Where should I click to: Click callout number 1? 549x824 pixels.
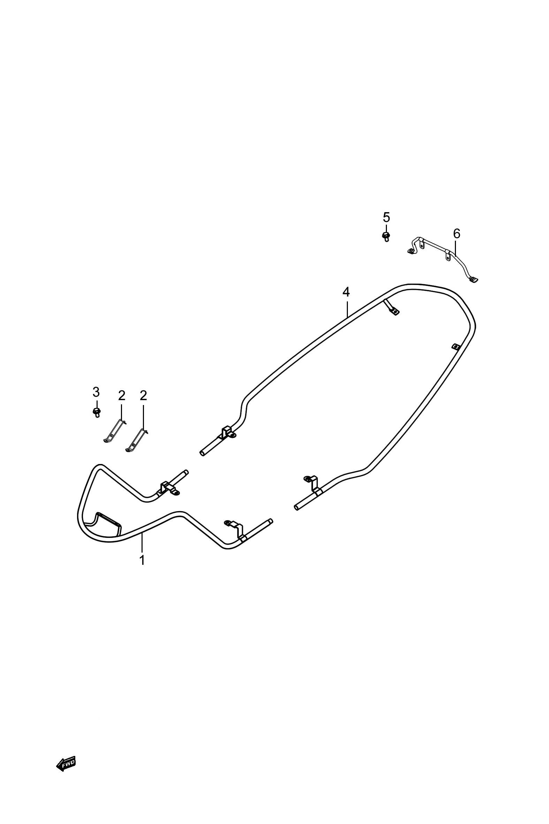tap(142, 560)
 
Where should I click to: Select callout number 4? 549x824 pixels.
tap(346, 292)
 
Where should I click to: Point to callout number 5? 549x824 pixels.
tap(386, 218)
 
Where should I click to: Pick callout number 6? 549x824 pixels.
tap(457, 233)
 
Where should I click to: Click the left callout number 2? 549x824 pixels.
tap(122, 396)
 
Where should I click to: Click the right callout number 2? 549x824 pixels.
tap(143, 396)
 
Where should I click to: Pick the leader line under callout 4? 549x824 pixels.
tap(347, 308)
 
